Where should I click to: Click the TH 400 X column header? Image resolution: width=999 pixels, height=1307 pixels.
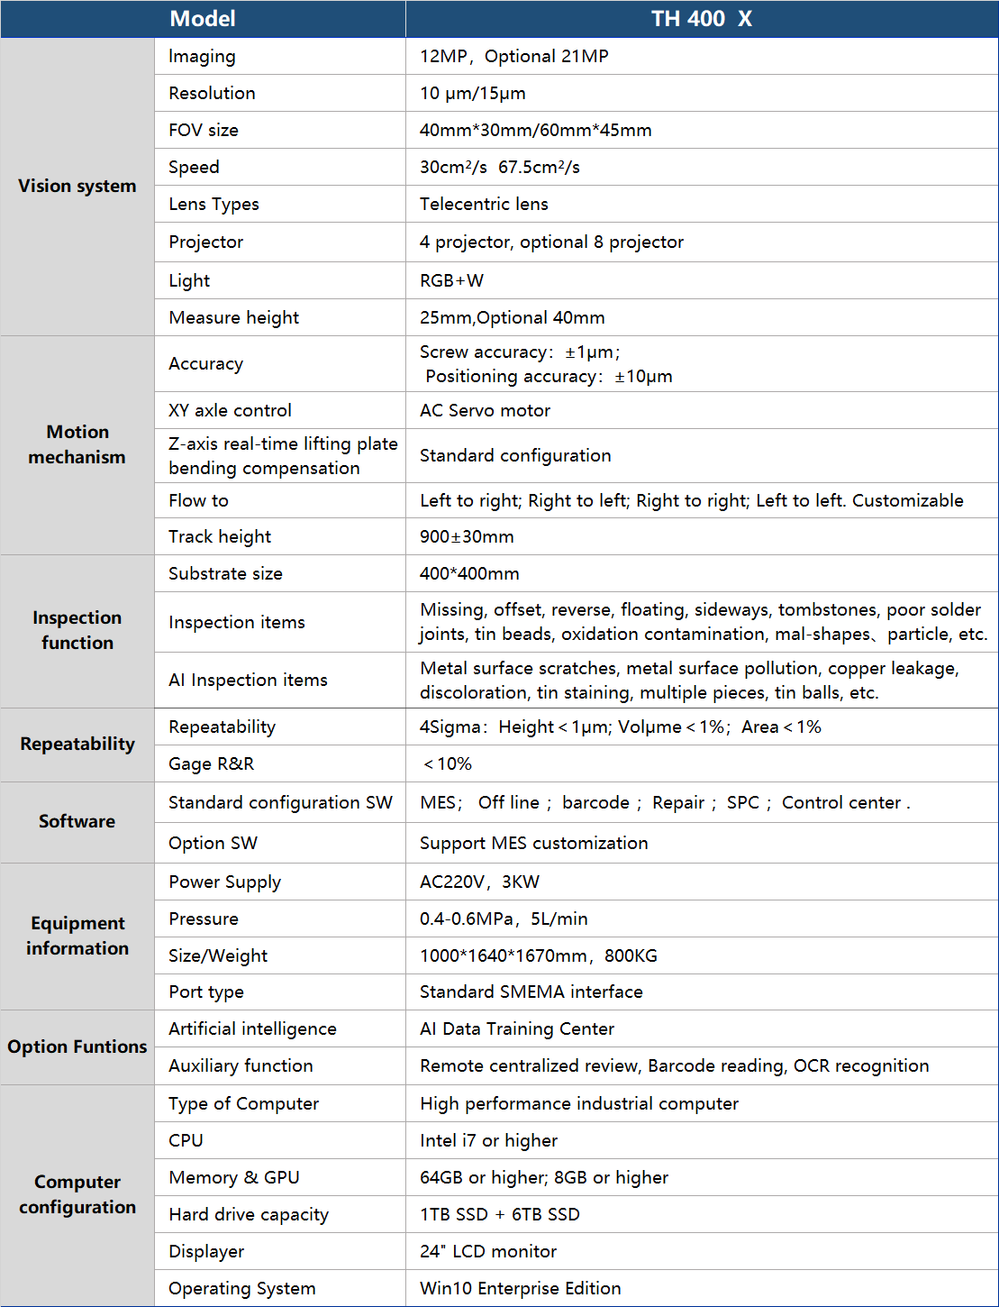701,19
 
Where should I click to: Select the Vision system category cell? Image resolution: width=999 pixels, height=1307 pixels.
77,187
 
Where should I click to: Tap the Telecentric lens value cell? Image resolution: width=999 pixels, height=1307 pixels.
484,205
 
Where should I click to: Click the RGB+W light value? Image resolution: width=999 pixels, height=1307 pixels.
451,280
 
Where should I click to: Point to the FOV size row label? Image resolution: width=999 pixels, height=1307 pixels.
204,131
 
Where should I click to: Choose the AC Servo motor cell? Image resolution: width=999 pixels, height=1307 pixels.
485,411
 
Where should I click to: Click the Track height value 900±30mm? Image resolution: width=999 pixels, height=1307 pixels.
467,537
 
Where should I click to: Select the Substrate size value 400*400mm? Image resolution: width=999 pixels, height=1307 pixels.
469,574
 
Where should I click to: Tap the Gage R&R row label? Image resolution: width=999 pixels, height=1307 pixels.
211,764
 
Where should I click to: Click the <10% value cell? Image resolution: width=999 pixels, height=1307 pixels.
448,764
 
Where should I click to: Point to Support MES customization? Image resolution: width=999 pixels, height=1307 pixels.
533,844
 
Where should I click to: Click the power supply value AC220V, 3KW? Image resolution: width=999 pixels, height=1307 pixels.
479,882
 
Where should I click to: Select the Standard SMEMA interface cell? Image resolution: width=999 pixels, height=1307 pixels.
531,992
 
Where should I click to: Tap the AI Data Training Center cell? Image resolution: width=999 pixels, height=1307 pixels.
516,1029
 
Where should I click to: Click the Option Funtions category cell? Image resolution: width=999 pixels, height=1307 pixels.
77,1047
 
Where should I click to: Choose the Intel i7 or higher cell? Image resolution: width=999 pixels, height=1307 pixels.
488,1141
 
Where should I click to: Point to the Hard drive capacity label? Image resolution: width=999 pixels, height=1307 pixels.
248,1215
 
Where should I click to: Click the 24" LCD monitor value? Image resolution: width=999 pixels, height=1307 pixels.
487,1252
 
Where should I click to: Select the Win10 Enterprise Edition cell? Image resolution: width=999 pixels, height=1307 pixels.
520,1289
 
